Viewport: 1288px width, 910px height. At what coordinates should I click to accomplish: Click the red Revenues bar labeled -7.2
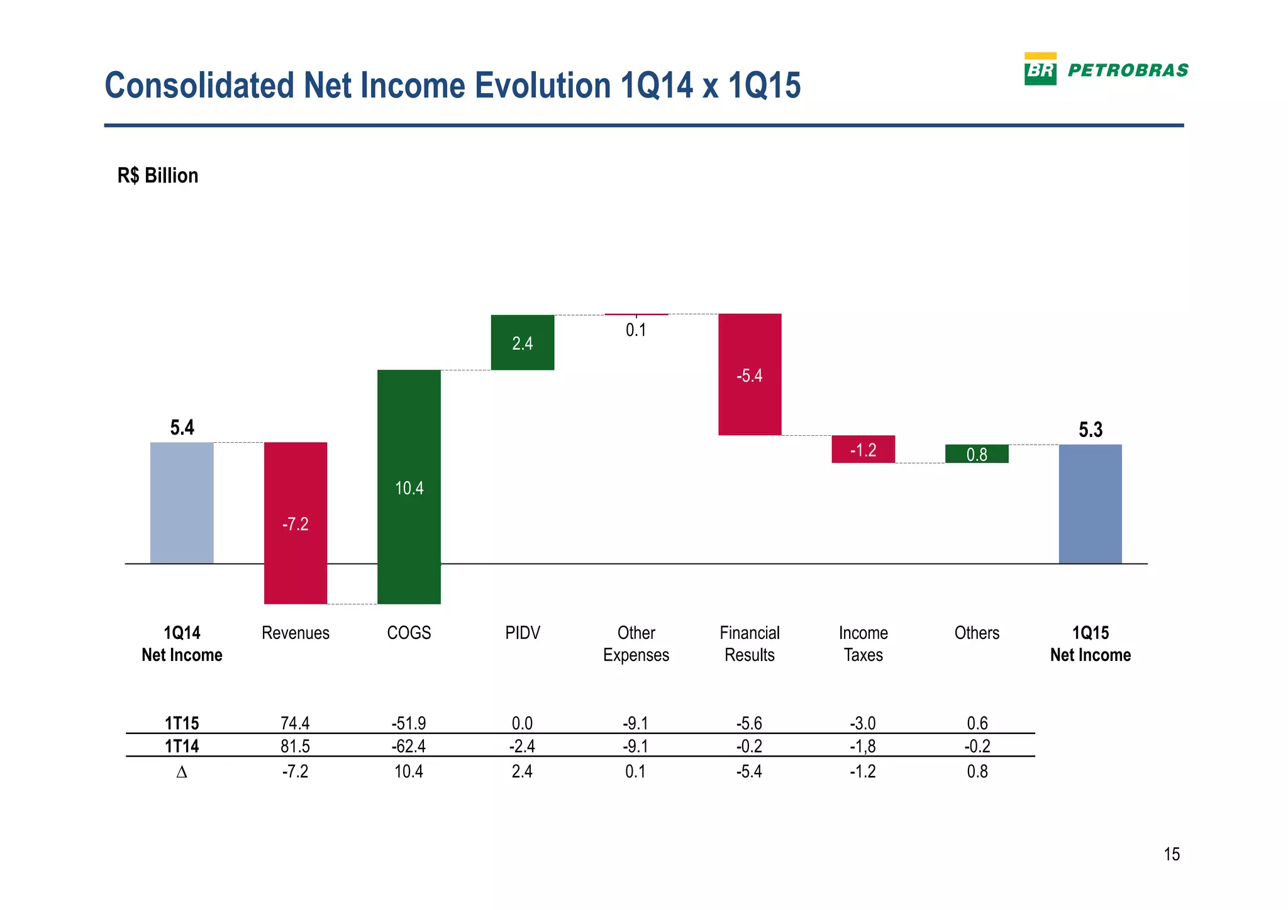(x=295, y=523)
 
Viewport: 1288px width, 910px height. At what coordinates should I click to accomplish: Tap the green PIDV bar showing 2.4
(x=522, y=342)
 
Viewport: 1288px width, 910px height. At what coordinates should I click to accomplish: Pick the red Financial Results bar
(x=750, y=374)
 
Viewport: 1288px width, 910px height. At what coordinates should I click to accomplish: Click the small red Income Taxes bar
(x=863, y=449)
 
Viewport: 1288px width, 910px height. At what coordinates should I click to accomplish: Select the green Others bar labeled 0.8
(x=977, y=453)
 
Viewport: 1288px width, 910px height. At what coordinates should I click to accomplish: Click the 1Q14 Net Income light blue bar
(x=182, y=502)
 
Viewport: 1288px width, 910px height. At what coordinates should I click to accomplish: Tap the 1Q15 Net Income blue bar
(x=1090, y=504)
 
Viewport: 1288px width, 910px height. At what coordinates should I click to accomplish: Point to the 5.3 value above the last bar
(x=1091, y=430)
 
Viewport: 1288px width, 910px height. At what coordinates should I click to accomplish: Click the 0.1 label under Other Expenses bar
(x=636, y=330)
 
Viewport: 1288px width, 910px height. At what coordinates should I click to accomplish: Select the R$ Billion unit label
(x=158, y=175)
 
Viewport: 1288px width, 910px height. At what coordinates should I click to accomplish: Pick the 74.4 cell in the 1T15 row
(x=295, y=723)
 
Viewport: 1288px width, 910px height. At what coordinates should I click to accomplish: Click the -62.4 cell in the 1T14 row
(x=409, y=746)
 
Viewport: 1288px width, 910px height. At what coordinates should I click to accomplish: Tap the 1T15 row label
(x=182, y=723)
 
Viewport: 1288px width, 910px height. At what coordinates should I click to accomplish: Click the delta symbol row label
(x=182, y=772)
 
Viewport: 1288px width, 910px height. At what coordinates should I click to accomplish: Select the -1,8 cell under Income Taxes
(x=863, y=746)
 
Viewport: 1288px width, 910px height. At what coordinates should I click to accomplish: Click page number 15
(x=1172, y=854)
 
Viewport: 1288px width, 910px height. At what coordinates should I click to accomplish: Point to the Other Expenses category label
(x=636, y=643)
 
